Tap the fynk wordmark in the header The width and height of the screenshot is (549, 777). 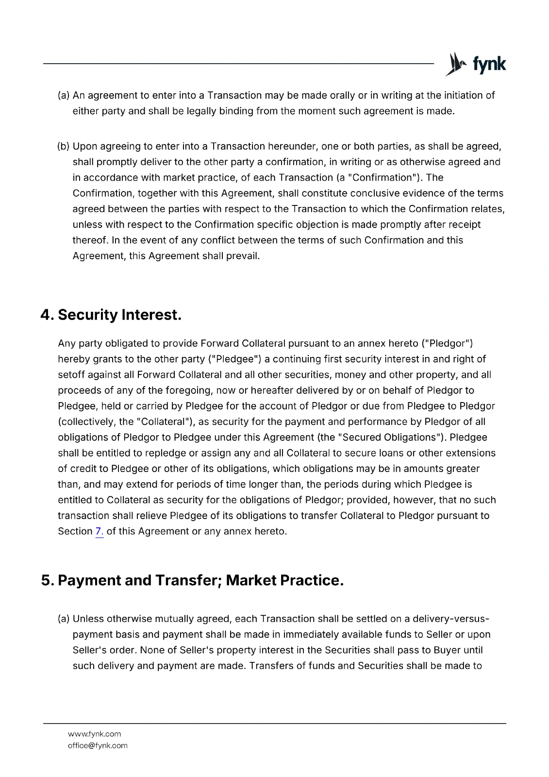[489, 65]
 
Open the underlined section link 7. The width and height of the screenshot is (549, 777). [100, 531]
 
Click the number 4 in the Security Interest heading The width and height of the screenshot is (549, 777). [46, 315]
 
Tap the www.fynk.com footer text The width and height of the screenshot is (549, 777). [94, 734]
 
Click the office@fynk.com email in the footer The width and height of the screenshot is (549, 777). [98, 745]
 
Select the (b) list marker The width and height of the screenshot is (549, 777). [64, 147]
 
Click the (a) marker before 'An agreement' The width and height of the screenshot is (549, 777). [64, 96]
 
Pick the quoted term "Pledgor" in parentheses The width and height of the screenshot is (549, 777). [447, 344]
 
